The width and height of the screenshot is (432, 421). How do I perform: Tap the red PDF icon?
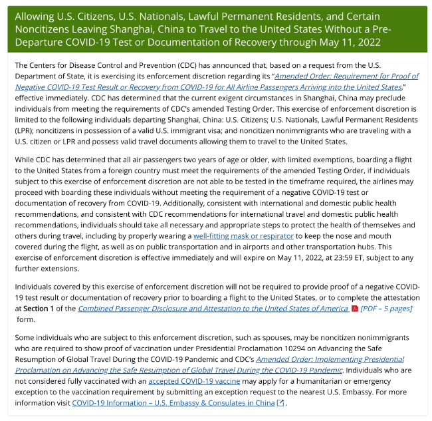[x=355, y=309]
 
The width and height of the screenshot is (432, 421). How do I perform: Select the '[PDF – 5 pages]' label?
[x=385, y=309]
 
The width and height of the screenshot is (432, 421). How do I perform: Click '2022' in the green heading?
[x=367, y=43]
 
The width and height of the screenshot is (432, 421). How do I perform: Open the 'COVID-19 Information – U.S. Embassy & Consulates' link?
[x=173, y=403]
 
